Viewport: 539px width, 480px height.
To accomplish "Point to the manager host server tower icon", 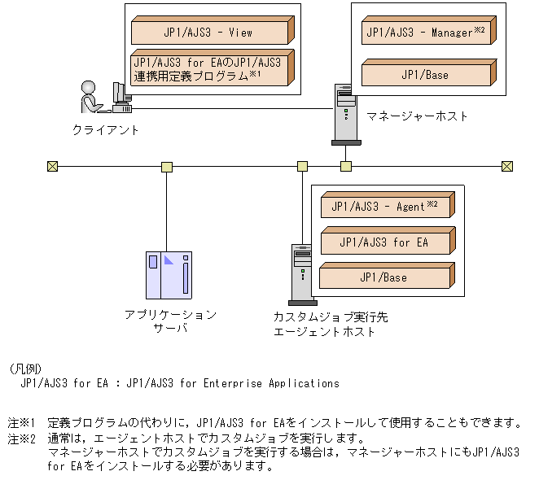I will pyautogui.click(x=345, y=115).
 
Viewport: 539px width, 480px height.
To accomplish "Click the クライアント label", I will pyautogui.click(x=106, y=129).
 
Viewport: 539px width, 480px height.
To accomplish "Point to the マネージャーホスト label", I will pyautogui.click(x=417, y=116).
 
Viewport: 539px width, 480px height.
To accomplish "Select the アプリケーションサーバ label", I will pyautogui.click(x=170, y=321).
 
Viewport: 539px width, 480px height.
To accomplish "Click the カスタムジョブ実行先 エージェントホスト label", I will pyautogui.click(x=325, y=324).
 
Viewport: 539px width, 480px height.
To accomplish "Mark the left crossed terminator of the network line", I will pyautogui.click(x=53, y=167).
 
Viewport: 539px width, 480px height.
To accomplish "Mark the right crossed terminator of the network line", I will pyautogui.click(x=507, y=167).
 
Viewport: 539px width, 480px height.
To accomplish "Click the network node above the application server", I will pyautogui.click(x=167, y=167).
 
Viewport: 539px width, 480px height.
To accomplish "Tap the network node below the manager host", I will pyautogui.click(x=346, y=167).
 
